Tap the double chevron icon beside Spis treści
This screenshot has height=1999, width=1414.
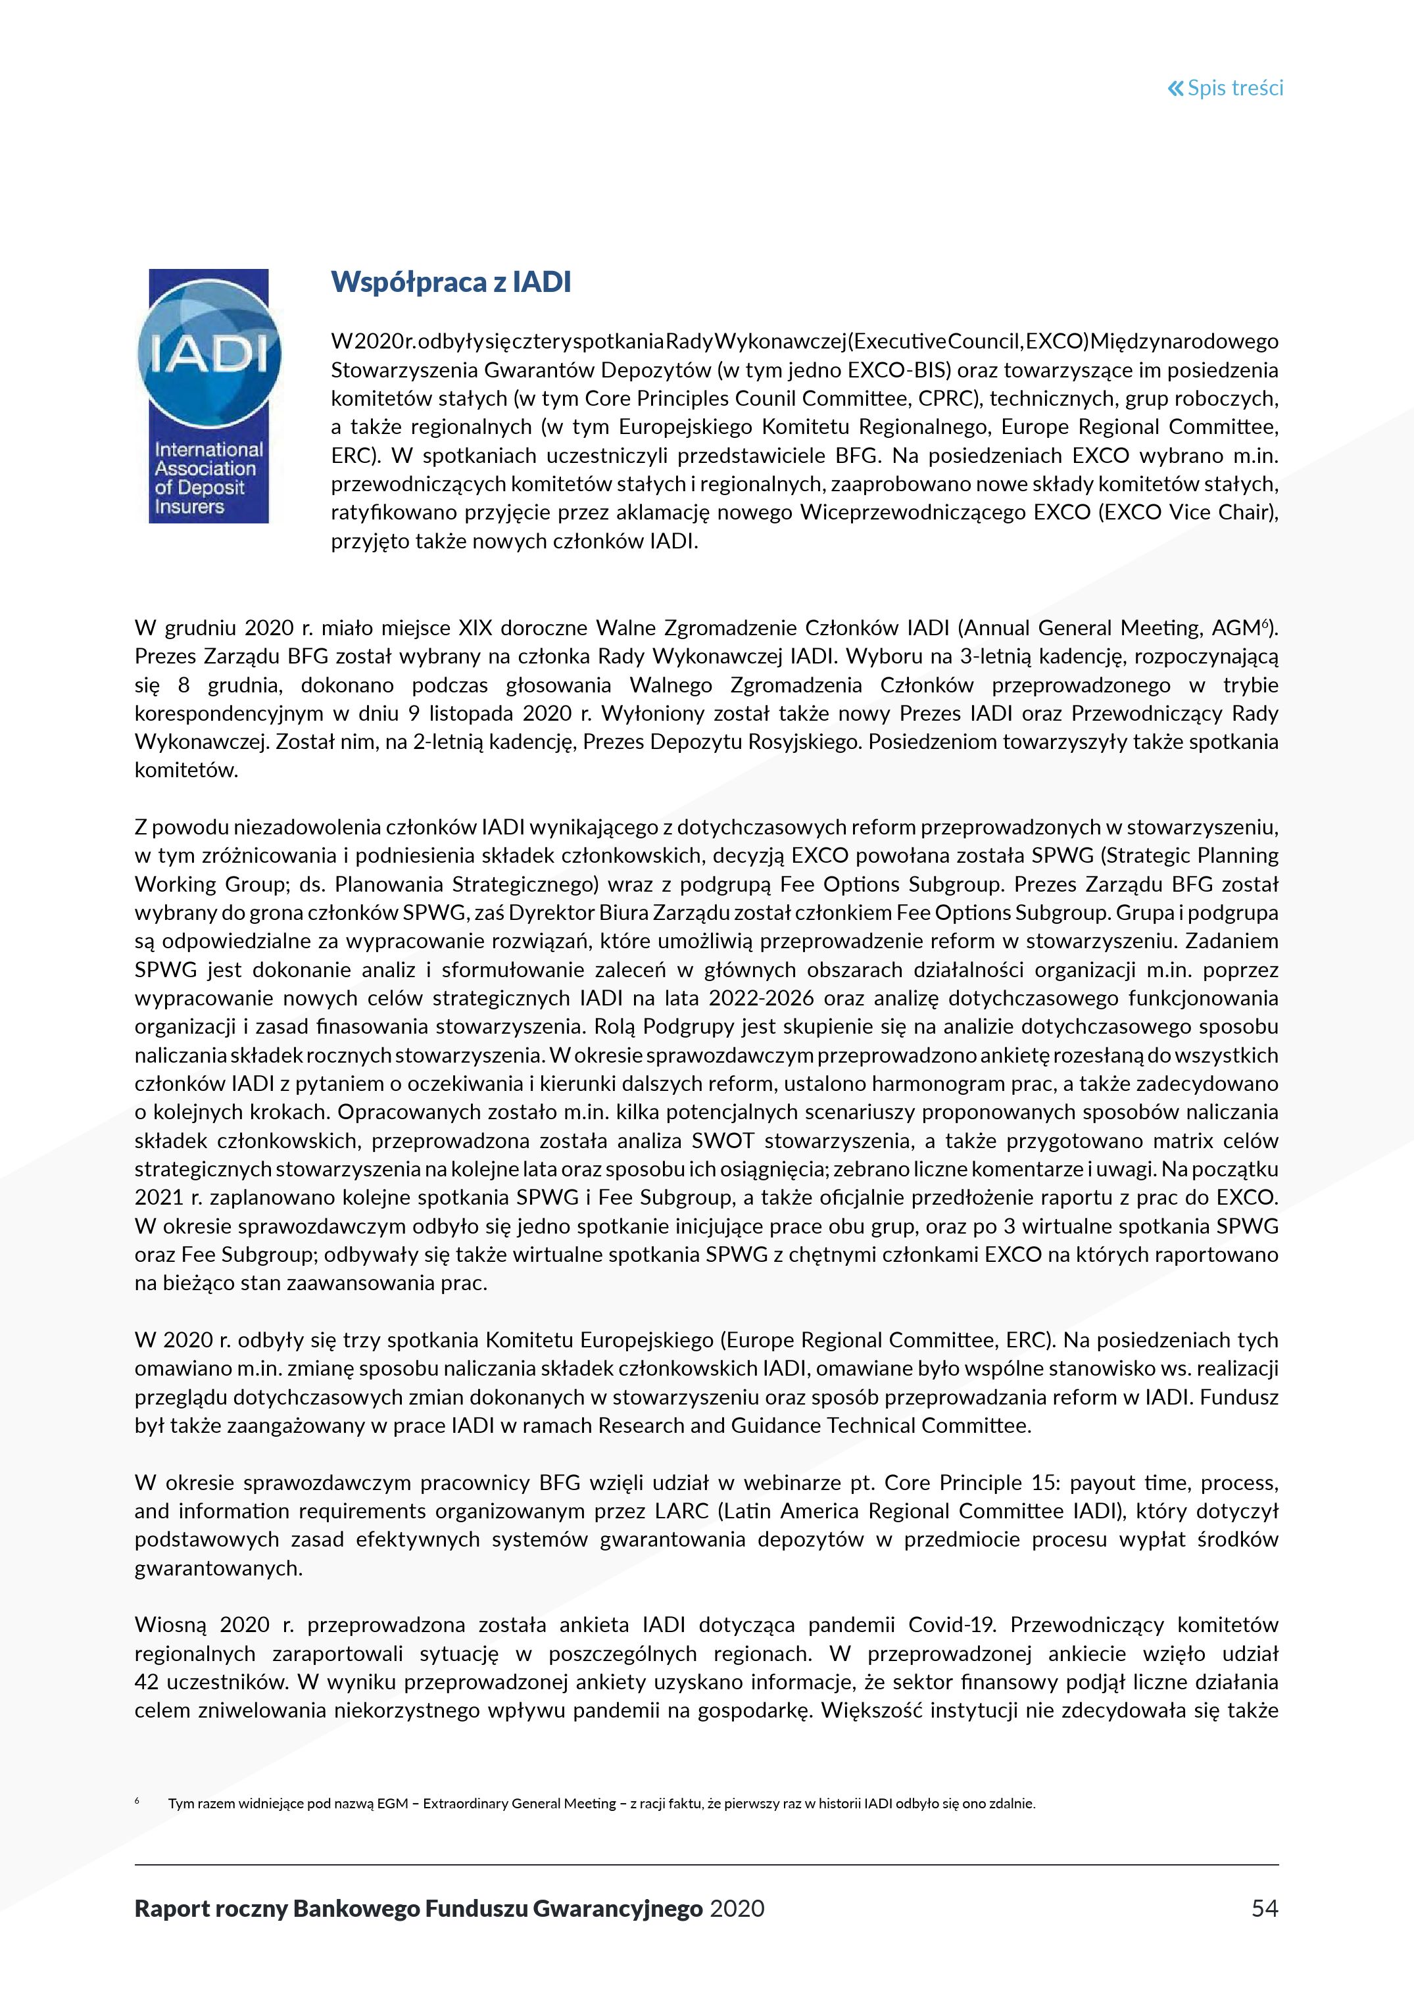[1175, 88]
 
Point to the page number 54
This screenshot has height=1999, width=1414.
[1264, 1908]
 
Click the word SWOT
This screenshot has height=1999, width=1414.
[723, 1140]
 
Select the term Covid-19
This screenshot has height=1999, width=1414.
[952, 1625]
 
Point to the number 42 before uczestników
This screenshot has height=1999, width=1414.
[147, 1682]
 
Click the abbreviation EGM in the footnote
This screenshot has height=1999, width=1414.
[392, 1803]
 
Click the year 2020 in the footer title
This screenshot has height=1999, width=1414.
[737, 1908]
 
